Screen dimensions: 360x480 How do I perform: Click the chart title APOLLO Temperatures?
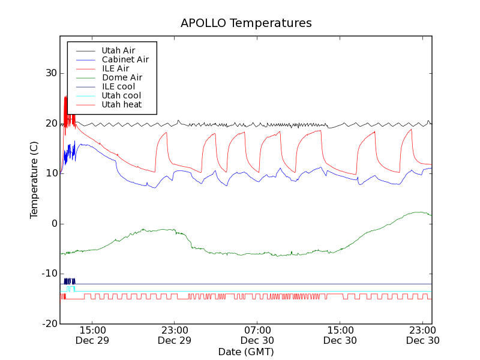(246, 23)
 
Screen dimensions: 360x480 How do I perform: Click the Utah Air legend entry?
(118, 50)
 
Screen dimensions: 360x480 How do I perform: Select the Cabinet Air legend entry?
(125, 59)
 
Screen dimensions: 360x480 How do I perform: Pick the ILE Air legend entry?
(115, 68)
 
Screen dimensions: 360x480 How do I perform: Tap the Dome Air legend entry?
(122, 77)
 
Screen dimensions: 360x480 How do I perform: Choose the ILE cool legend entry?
(118, 86)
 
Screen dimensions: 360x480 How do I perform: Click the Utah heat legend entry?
(121, 104)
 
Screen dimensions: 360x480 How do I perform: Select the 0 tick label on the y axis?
(53, 224)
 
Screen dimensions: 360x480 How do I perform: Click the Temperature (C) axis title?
(34, 183)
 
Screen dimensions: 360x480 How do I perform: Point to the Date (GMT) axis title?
(246, 352)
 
